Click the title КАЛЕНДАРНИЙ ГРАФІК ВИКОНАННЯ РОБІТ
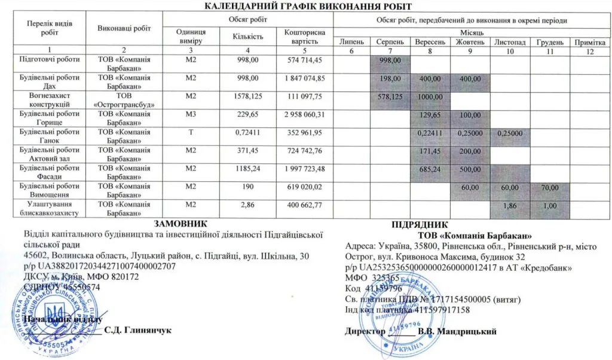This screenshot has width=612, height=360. coord(308,7)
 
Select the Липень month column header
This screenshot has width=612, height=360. coord(351,43)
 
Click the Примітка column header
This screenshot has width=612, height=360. coord(589,43)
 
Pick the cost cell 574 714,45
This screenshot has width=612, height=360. coord(305,60)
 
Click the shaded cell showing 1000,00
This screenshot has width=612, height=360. coord(430,97)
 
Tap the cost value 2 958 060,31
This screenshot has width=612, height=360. coord(305,114)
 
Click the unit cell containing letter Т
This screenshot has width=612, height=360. coord(191,132)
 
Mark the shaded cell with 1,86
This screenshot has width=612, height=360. coord(510,205)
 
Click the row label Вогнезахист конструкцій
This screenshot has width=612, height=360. coord(50,100)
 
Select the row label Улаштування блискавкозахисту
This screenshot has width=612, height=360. coord(50,208)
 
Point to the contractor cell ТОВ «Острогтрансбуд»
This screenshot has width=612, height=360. coord(123,100)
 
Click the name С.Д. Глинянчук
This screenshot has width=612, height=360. coord(138,330)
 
